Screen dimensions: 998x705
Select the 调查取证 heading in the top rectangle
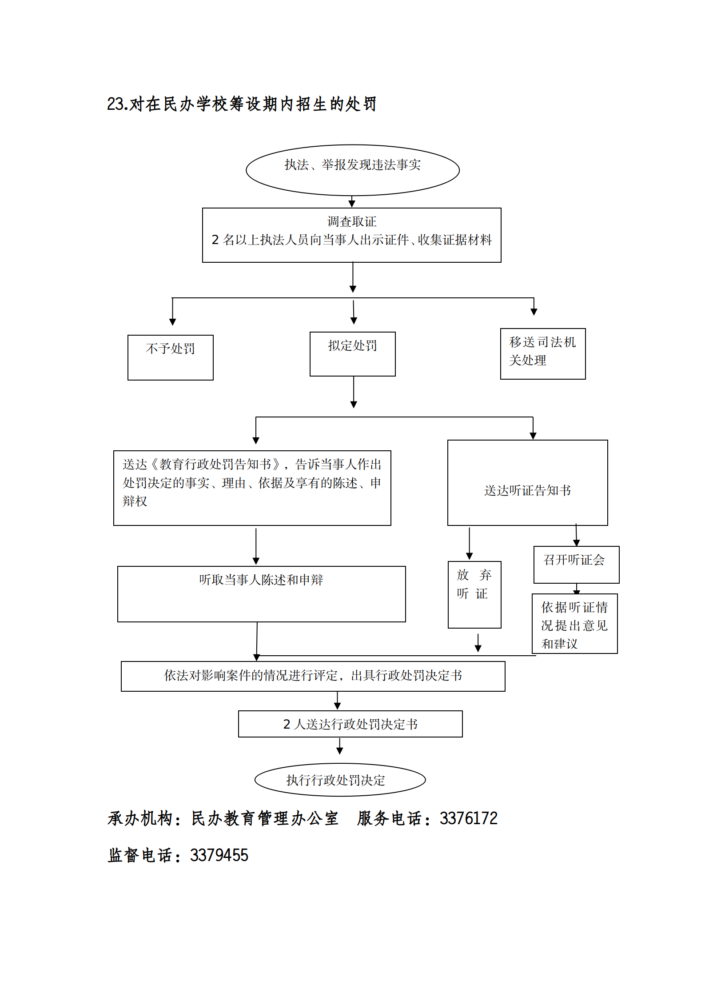pos(351,221)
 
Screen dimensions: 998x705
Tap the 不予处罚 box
pos(170,357)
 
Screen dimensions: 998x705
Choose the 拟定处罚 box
pos(352,354)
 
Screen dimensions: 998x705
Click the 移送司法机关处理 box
pos(542,353)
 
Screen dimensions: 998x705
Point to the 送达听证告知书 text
pos(527,490)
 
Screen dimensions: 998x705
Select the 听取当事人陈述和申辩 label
pos(261,580)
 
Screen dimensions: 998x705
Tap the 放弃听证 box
pos(474,594)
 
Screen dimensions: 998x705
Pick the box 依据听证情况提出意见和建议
pos(574,624)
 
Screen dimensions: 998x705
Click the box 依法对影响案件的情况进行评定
pos(313,676)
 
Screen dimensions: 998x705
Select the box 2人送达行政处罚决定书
pos(350,724)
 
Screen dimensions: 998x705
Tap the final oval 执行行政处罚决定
pos(340,780)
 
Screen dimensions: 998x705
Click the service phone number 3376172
pos(468,818)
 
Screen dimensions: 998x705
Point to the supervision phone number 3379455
pos(219,855)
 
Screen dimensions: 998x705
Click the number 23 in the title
pos(115,104)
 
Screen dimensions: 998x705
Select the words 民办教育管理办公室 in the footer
pos(265,818)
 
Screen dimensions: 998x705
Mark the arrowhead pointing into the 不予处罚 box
pos(173,322)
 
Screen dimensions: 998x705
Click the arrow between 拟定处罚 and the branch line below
pos(354,392)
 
